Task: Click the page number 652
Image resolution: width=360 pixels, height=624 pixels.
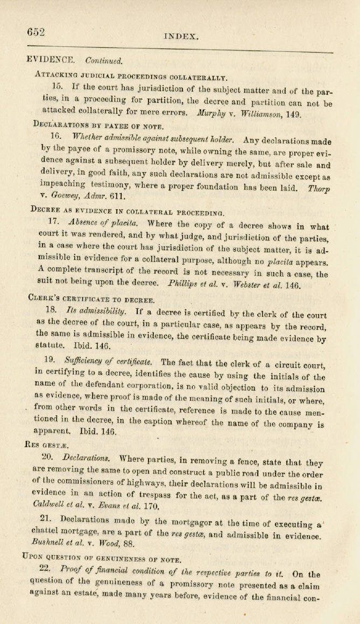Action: point(36,32)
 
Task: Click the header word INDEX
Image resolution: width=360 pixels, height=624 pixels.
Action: point(181,37)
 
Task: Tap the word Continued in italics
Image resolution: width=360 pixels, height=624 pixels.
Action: point(103,60)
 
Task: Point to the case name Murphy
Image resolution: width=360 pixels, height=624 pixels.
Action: point(209,114)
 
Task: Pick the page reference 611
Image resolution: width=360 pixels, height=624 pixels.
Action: point(117,198)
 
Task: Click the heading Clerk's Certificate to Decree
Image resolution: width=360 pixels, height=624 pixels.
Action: point(91,299)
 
